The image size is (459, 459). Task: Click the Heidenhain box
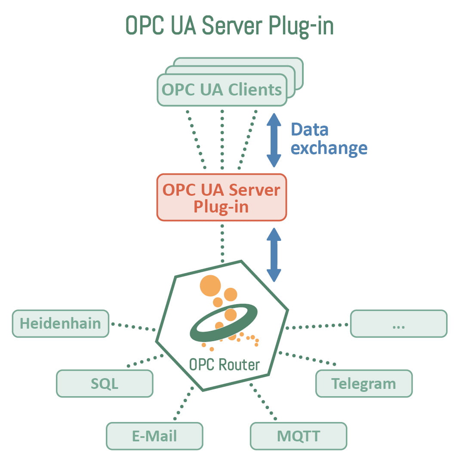pos(60,323)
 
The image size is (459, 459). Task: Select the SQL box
pos(105,383)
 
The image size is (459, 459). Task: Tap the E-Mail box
pos(154,436)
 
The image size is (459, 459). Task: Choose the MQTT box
pos(298,436)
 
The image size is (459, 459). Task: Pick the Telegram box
pos(364,383)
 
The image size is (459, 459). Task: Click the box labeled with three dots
pos(398,323)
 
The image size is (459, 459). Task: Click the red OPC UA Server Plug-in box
pos(222,197)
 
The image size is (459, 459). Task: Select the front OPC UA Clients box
pos(222,90)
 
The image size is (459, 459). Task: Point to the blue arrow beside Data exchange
pos(274,140)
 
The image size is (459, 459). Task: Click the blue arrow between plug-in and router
pos(274,255)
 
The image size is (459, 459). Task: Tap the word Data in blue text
pos(310,129)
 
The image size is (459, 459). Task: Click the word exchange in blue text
pos(329,148)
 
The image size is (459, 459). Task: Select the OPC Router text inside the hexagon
pos(225,365)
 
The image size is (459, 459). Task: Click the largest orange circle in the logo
pos(210,286)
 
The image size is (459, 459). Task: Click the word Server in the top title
pos(233,25)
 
